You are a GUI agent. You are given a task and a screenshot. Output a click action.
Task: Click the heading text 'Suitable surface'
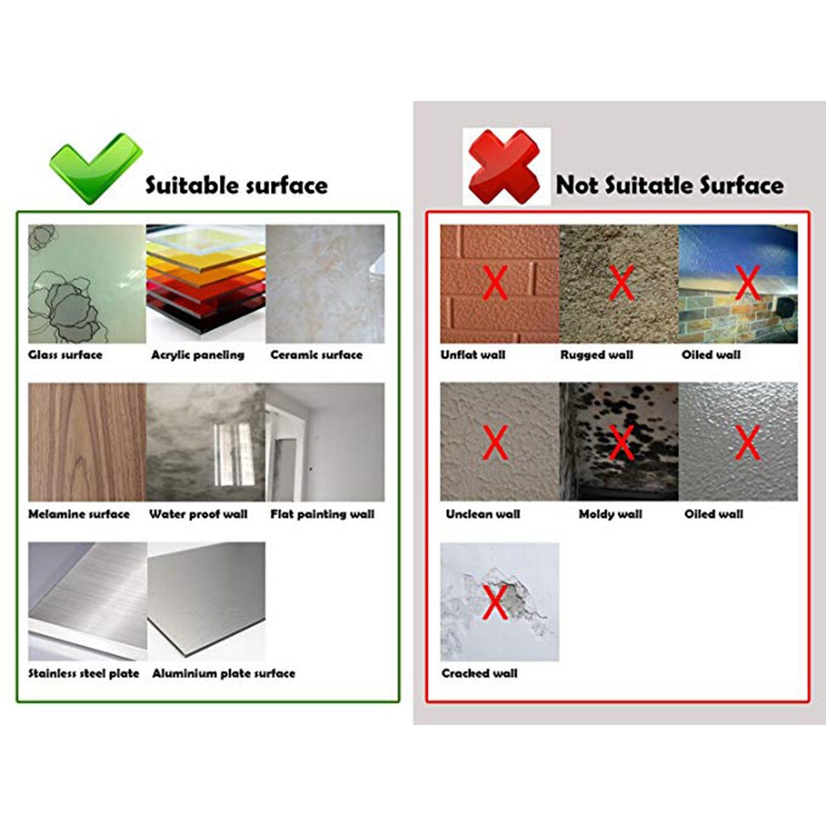point(236,185)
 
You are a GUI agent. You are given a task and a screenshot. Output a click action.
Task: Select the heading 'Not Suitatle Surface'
point(669,184)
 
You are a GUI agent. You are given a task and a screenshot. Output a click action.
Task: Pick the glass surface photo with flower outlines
point(87,283)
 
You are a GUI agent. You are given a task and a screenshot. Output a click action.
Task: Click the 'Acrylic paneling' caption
point(197,355)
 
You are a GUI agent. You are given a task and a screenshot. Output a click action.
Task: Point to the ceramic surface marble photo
point(325,283)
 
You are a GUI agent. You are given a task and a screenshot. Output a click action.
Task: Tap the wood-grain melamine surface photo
point(87,442)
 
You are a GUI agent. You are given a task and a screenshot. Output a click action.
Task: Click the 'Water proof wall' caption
point(198,515)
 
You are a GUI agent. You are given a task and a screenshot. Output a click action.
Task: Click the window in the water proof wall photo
point(234,453)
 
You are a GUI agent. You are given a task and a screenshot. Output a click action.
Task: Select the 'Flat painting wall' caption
point(322,515)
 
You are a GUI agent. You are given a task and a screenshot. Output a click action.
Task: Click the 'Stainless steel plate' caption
point(83,674)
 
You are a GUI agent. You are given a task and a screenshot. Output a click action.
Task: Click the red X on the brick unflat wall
point(495,283)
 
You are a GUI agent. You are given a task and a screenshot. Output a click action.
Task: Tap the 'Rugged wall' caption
point(596,355)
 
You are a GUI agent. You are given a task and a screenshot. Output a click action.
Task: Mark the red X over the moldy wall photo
point(620,443)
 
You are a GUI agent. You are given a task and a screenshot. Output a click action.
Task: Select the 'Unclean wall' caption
point(482,515)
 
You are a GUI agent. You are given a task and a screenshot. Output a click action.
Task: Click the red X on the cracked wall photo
point(495,602)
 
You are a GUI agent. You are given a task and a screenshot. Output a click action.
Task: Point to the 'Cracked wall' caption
point(479,674)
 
